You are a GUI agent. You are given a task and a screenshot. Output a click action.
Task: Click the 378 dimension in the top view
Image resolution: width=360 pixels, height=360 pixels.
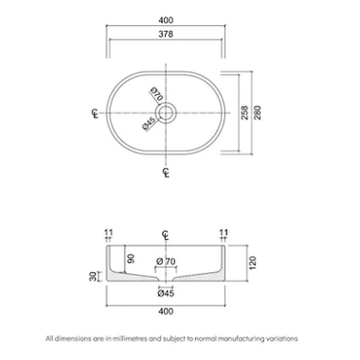(x=166, y=34)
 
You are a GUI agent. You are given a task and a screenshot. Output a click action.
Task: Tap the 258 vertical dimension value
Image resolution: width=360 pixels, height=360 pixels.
(x=244, y=112)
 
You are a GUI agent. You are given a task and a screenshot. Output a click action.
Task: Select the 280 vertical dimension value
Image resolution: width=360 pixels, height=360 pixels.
(x=257, y=112)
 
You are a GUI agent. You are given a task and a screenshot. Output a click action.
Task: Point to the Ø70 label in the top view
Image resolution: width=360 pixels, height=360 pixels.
(x=157, y=94)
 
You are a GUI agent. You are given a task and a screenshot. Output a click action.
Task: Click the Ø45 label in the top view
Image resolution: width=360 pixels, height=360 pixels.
(x=149, y=123)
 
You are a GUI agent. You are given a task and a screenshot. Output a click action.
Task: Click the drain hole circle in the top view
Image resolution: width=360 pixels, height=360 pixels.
(x=166, y=112)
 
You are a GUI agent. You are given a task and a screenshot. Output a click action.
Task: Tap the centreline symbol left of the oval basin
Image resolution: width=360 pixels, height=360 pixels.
(x=95, y=113)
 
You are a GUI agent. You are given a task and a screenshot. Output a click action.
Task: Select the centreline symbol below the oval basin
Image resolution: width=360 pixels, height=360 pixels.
(x=166, y=173)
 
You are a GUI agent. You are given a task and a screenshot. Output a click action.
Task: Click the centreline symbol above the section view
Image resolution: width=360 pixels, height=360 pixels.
(x=166, y=235)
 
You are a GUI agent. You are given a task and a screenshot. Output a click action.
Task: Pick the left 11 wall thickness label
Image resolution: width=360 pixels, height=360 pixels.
(x=108, y=233)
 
